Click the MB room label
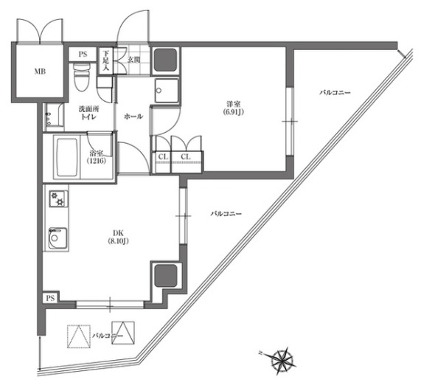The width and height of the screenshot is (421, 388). [40, 72]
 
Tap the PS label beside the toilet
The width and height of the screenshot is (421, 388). [83, 55]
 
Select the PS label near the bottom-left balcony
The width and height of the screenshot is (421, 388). [50, 298]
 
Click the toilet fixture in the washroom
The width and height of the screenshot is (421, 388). [82, 77]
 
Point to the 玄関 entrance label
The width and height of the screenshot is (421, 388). [133, 60]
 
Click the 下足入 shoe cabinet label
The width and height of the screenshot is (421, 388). [106, 60]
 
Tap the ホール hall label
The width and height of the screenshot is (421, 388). [133, 117]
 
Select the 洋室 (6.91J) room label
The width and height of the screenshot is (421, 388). [233, 108]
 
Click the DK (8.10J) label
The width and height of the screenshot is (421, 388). [118, 237]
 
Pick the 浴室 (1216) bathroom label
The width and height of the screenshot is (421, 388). [97, 157]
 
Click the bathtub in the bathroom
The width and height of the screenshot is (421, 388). [67, 157]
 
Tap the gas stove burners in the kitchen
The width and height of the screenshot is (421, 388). [58, 198]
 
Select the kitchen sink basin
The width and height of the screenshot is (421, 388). [58, 238]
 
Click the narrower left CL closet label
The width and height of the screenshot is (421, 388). [163, 156]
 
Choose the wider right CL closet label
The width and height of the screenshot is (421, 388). [186, 156]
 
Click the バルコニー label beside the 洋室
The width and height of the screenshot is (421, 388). [335, 93]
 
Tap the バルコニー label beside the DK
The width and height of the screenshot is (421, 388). [226, 214]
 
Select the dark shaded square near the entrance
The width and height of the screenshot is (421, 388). [166, 60]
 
